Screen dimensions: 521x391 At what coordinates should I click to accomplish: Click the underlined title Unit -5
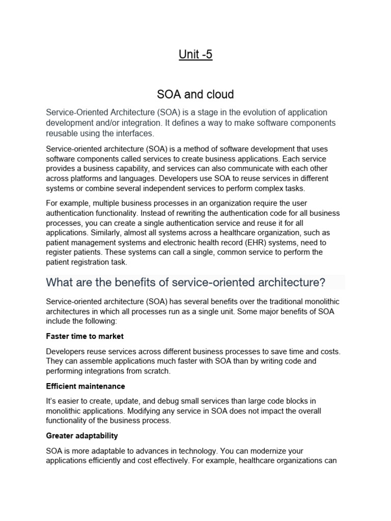point(195,54)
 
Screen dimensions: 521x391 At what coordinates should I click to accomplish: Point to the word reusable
point(64,133)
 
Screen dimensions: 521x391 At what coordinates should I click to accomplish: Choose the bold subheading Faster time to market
point(85,336)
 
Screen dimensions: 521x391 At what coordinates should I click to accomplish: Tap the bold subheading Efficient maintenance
point(85,386)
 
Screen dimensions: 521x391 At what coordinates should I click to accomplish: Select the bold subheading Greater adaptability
point(81,436)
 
